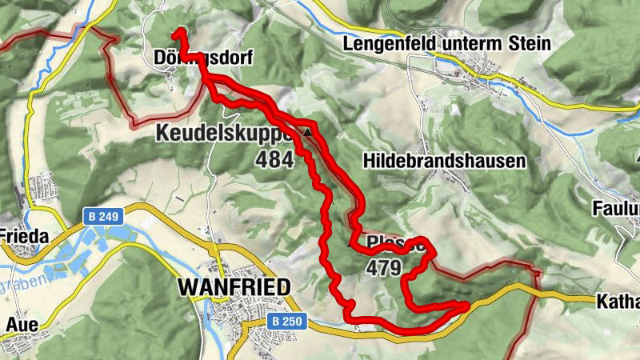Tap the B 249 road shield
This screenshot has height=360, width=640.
click(x=97, y=216)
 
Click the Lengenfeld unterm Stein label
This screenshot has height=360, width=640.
click(x=446, y=44)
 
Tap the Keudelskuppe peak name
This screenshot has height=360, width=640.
click(x=225, y=133)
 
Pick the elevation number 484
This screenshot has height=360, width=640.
click(x=274, y=159)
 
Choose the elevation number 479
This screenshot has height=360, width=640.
click(x=383, y=269)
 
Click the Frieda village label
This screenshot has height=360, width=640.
click(x=24, y=237)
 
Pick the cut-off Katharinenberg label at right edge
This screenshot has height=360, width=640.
click(x=618, y=302)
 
